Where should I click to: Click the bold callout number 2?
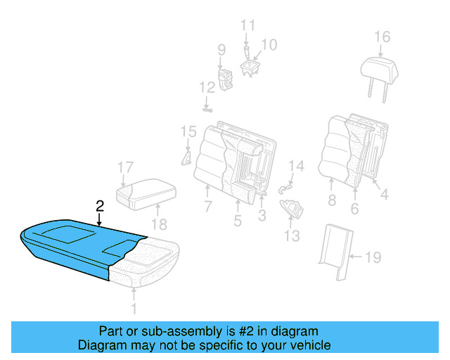click(x=100, y=205)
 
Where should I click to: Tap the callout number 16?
click(x=381, y=37)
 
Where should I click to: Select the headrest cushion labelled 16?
click(x=380, y=69)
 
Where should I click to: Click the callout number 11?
click(x=247, y=26)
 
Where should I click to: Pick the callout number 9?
click(x=221, y=50)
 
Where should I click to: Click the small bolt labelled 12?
click(x=208, y=108)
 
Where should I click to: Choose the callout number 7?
click(x=208, y=207)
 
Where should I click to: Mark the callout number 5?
click(x=238, y=221)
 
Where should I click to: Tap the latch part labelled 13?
click(x=291, y=209)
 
